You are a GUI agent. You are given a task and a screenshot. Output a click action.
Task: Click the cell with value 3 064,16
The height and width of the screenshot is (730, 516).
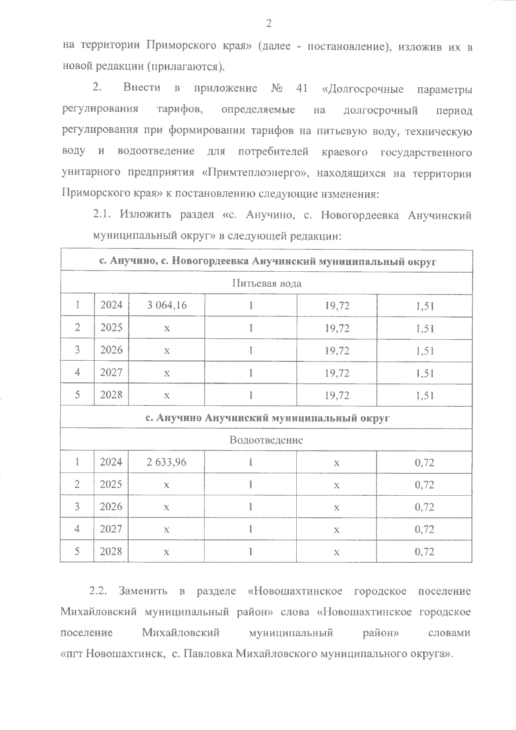(167, 306)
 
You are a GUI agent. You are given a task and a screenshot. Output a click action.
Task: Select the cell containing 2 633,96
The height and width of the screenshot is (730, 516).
(166, 462)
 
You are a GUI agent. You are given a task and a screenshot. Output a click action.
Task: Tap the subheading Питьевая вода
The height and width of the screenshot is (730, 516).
(267, 283)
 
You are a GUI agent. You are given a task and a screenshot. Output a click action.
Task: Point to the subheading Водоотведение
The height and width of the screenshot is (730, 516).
(266, 440)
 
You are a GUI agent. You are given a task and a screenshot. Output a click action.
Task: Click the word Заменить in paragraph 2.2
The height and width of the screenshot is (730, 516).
(143, 591)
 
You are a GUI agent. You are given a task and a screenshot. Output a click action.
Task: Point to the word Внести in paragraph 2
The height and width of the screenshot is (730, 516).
(142, 89)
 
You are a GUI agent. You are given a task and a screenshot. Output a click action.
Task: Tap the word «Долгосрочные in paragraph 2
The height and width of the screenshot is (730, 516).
(362, 89)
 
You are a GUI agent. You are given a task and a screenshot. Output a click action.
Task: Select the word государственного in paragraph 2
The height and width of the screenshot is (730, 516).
(426, 152)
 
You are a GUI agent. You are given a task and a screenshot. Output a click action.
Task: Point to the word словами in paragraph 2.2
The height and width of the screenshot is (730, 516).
(449, 633)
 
